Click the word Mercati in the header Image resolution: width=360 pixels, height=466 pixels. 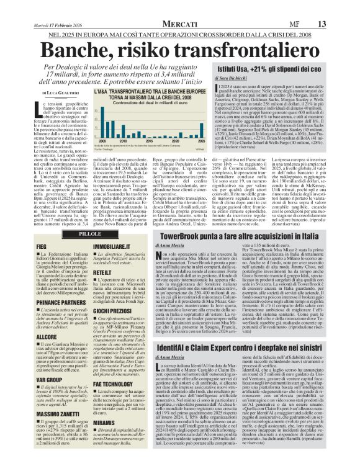coord(181,7)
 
